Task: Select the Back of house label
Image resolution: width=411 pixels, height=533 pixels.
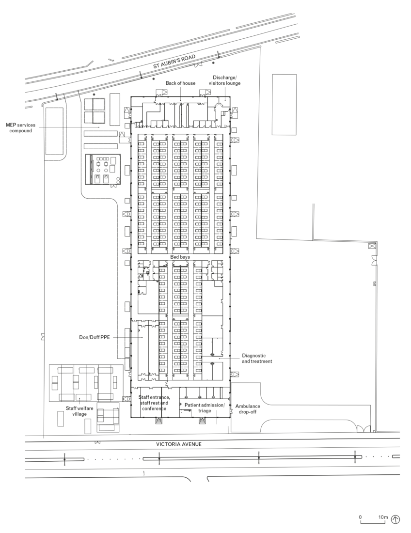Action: click(180, 83)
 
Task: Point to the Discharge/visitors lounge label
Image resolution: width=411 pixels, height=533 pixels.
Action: click(224, 80)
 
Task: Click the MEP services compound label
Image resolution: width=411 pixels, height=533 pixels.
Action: click(20, 128)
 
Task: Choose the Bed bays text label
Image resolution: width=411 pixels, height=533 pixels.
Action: click(179, 256)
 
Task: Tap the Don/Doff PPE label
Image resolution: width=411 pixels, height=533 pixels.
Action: click(96, 337)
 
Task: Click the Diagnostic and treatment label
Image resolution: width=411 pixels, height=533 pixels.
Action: click(257, 358)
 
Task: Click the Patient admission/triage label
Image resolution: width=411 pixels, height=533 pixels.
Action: click(205, 408)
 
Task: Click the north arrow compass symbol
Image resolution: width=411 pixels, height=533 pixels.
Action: click(396, 519)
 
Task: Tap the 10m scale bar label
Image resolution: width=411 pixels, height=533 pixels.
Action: click(383, 517)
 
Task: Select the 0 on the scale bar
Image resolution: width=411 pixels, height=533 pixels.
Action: click(360, 517)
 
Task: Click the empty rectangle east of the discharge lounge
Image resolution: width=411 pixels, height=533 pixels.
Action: click(284, 104)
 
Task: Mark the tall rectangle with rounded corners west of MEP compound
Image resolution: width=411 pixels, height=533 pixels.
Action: click(54, 131)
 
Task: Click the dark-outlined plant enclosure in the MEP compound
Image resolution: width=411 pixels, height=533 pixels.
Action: click(102, 170)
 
